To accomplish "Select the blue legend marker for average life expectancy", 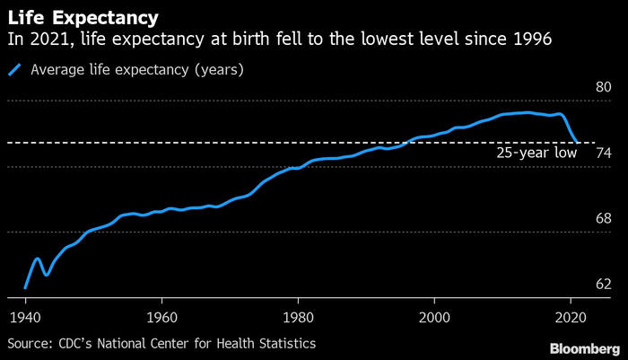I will coord(14,70).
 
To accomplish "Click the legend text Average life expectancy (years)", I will coord(137,69).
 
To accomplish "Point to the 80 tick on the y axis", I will coord(603,87).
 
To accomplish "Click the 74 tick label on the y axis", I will coord(603,153).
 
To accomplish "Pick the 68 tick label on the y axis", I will coord(603,218).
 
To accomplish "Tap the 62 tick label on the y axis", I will coord(603,284).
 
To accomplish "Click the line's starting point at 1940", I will coord(25,287).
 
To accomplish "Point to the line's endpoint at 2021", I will coord(577,142).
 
